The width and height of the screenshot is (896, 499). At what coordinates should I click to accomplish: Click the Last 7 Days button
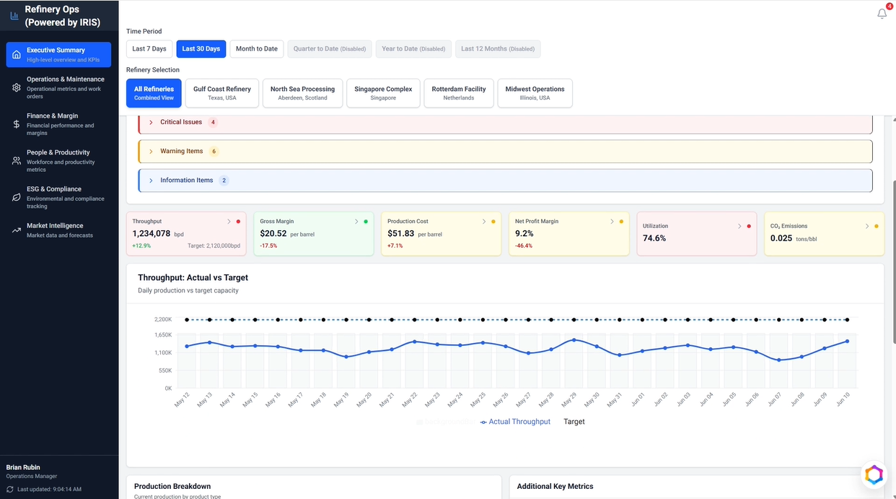point(149,49)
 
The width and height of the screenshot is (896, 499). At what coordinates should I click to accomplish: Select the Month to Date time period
point(256,49)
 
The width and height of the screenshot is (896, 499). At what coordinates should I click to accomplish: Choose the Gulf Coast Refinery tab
point(222,93)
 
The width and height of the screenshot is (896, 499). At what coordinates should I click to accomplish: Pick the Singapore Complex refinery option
point(383,93)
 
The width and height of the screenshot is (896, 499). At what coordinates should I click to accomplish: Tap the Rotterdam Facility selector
point(458,93)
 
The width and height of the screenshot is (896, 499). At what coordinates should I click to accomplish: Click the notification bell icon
point(882,14)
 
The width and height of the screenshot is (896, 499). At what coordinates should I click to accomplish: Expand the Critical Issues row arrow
point(151,122)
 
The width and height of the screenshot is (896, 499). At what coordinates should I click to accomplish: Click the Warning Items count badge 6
point(214,152)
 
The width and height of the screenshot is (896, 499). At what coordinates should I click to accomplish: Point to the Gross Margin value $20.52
point(273,233)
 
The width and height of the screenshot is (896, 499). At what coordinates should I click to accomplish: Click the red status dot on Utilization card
point(749,226)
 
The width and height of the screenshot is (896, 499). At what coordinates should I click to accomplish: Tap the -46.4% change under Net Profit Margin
point(524,246)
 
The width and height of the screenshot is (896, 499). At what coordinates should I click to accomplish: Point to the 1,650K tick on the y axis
point(163,335)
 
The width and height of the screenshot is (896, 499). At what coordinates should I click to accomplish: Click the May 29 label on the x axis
point(568,400)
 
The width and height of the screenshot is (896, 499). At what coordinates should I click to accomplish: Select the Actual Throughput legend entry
point(515,422)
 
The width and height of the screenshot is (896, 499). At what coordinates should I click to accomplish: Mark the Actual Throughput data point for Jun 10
point(847,342)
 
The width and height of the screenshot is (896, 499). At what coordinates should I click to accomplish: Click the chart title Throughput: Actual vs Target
point(193,277)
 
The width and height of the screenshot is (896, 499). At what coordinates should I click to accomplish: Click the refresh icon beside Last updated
point(10,490)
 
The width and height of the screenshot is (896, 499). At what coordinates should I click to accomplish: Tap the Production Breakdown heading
point(172,486)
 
